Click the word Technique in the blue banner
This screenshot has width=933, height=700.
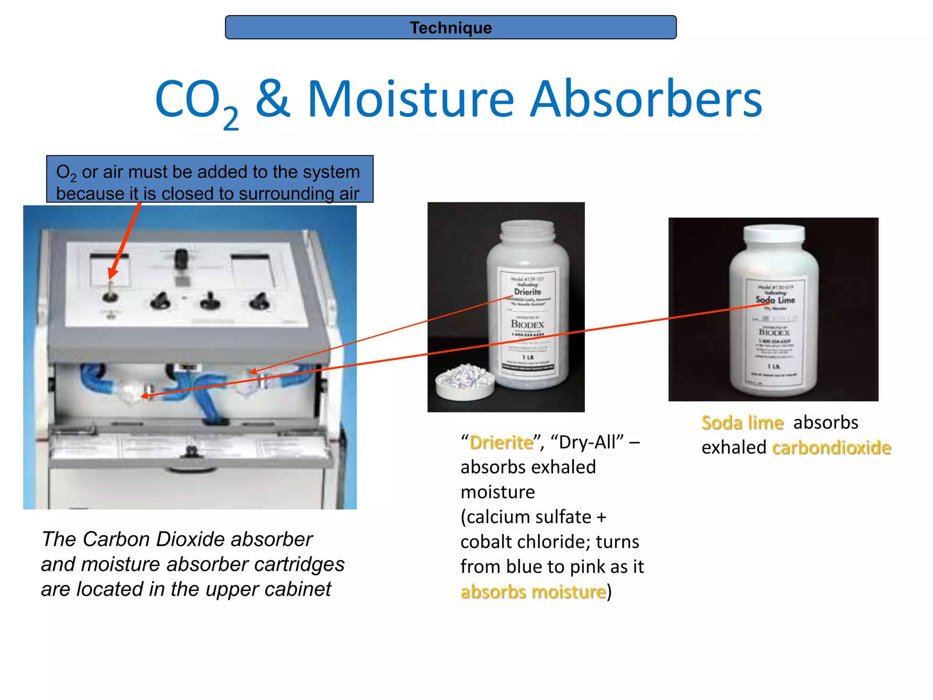(451, 28)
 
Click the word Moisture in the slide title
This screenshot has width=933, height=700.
(410, 99)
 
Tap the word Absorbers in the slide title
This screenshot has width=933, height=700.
(646, 99)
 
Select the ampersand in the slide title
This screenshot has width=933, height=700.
(272, 98)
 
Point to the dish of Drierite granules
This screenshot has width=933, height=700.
(465, 381)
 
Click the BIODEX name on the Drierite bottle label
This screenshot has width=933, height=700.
(527, 324)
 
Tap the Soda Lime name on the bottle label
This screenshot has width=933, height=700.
(775, 300)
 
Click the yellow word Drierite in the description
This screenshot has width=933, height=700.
(501, 443)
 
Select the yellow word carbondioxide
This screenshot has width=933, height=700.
(831, 448)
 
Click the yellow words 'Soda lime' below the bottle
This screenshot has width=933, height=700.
(742, 423)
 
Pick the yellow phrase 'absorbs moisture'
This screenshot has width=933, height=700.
(533, 592)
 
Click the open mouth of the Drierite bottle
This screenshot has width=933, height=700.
(527, 226)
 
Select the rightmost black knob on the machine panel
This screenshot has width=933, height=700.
(259, 300)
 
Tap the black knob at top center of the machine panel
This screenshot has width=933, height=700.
(181, 258)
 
